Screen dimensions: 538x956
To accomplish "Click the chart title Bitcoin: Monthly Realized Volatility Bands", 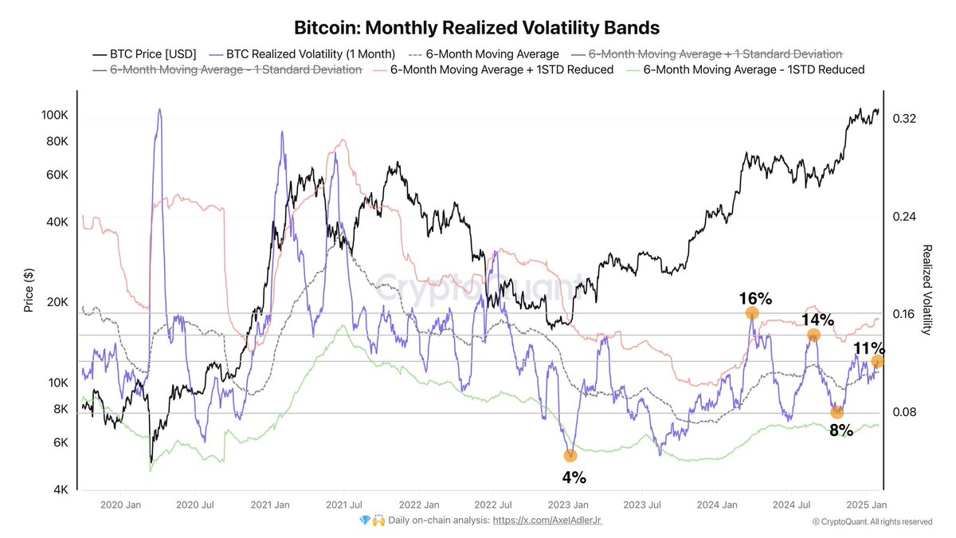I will click(x=477, y=28).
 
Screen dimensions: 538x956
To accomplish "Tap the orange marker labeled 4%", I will click(x=570, y=455).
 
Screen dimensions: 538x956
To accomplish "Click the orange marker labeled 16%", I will click(x=752, y=313).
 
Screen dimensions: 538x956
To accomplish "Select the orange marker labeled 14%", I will click(x=813, y=335).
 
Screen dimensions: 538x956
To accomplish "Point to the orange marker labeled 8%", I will click(x=836, y=412).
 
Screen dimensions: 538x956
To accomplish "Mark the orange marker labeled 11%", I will click(x=877, y=362).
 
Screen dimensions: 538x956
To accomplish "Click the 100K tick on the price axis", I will click(x=53, y=116).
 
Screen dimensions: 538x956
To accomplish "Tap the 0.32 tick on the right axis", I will click(x=903, y=119).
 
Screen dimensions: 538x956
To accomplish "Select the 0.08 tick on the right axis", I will click(x=903, y=412).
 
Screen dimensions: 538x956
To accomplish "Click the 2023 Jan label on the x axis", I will click(x=570, y=505).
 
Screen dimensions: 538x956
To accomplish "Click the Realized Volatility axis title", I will click(x=927, y=289).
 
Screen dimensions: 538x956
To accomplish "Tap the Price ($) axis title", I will click(x=29, y=289).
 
